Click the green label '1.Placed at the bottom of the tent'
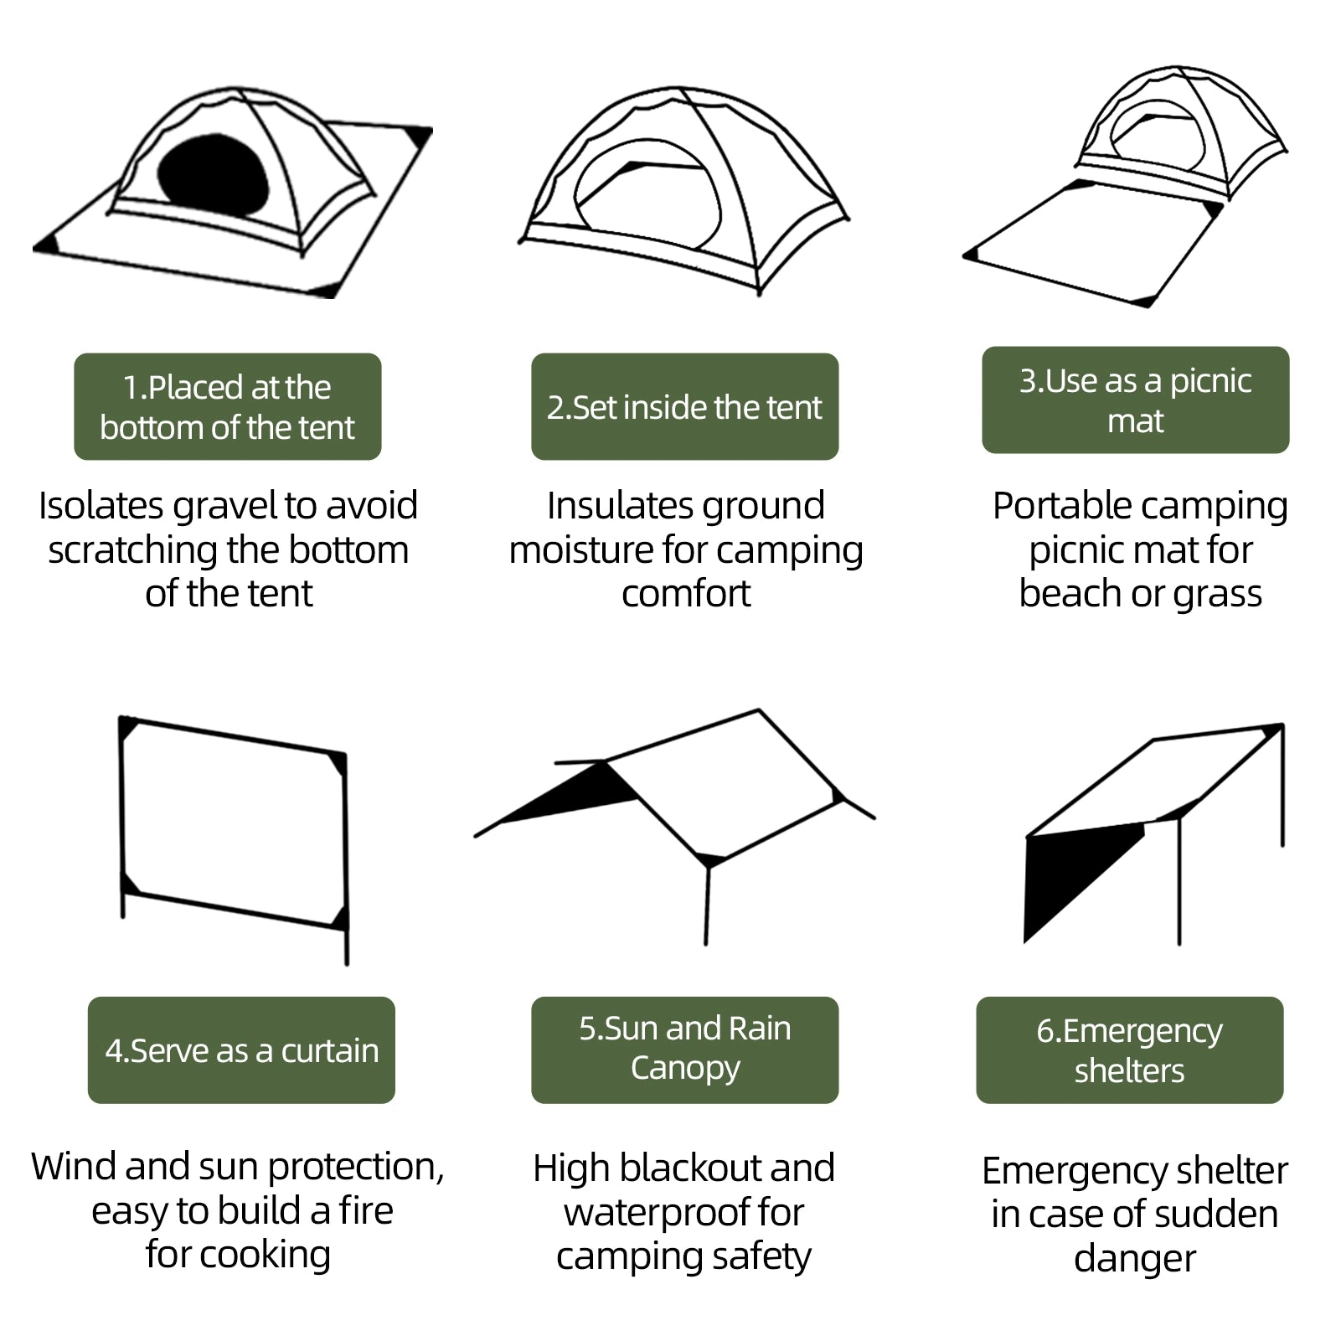[x=227, y=407]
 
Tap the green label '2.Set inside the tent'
[x=684, y=407]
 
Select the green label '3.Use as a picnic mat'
[x=1135, y=400]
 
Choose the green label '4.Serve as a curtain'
[x=241, y=1050]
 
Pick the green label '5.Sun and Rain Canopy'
[x=684, y=1049]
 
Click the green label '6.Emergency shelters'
[x=1129, y=1050]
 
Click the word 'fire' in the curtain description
[x=366, y=1211]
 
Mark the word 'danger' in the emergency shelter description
[x=1134, y=1259]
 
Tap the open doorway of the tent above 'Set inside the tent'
[x=649, y=201]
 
